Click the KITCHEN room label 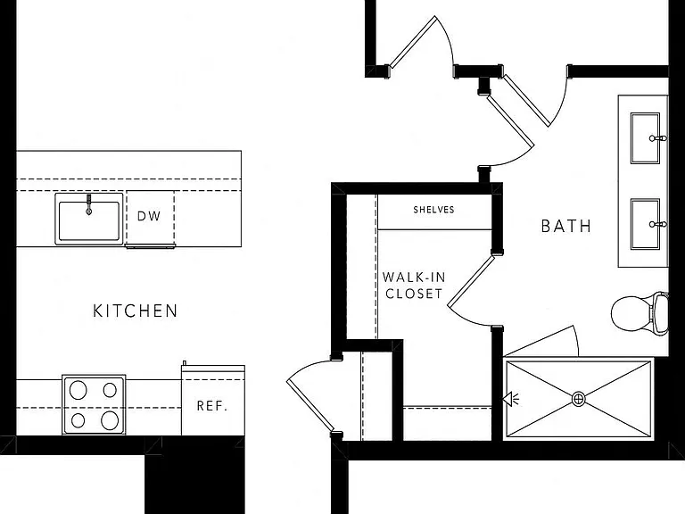[x=136, y=311]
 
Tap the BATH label [x=566, y=226]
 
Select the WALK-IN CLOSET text [x=414, y=286]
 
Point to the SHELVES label [x=433, y=210]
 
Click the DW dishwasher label [x=149, y=216]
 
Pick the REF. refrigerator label [x=212, y=406]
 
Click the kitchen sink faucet [x=88, y=204]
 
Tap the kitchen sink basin [x=89, y=219]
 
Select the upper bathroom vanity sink [x=645, y=138]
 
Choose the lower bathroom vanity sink [x=645, y=224]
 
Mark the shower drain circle [x=578, y=399]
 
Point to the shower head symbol [x=510, y=399]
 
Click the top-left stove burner [x=78, y=390]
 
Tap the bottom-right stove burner [x=110, y=420]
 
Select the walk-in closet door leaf [x=471, y=282]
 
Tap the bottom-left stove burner [x=78, y=420]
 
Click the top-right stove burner [x=110, y=390]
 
